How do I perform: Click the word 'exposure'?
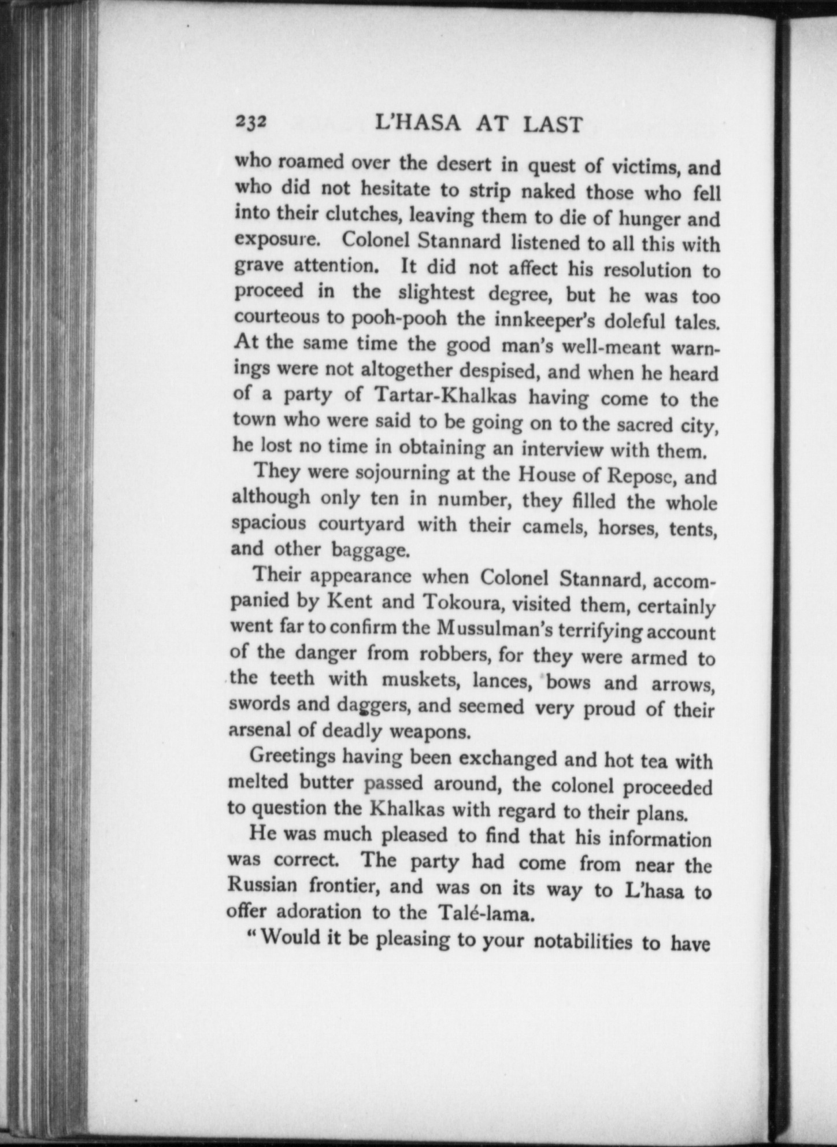click(276, 239)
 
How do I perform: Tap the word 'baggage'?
click(370, 550)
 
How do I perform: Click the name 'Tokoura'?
click(463, 602)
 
